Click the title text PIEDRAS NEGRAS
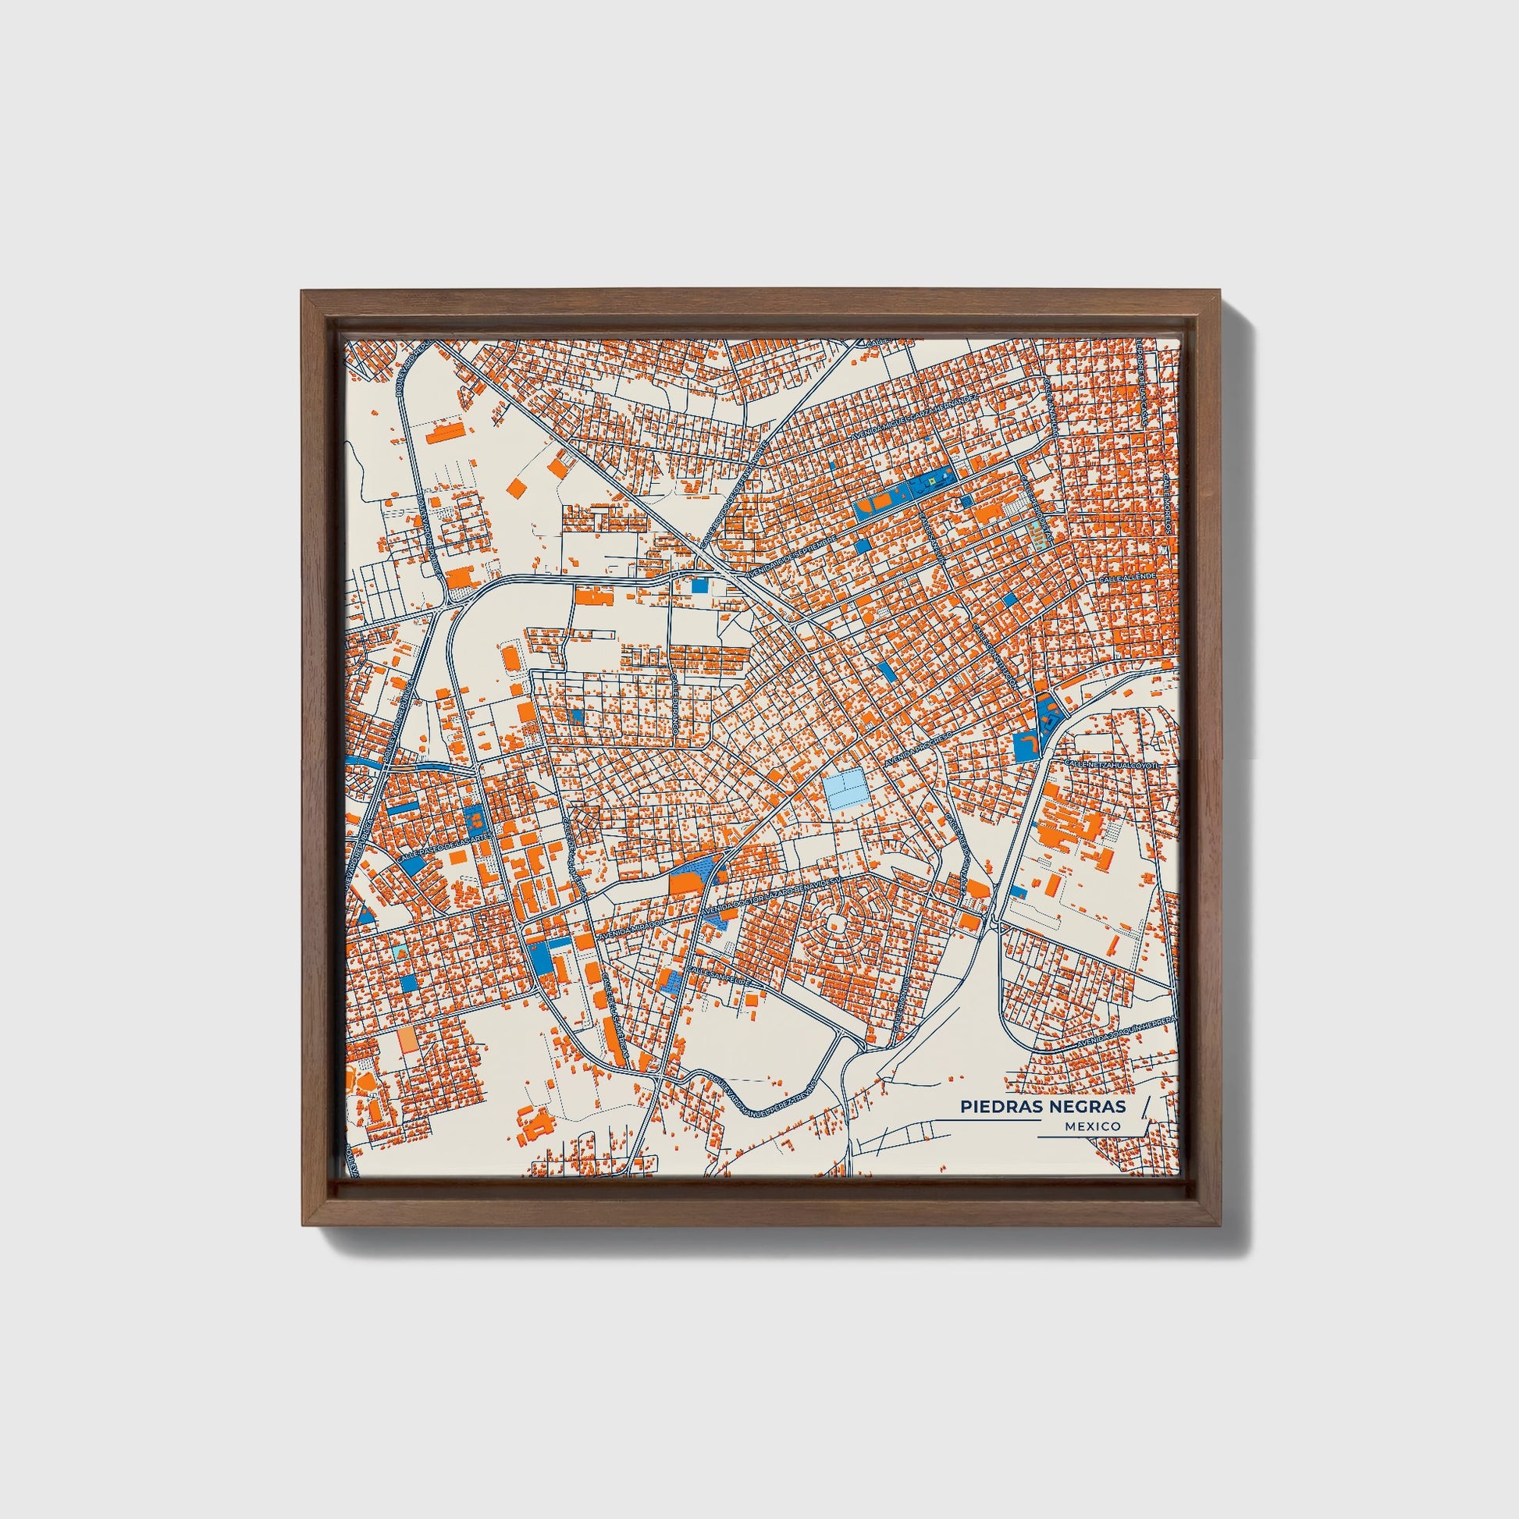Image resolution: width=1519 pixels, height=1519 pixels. (x=1042, y=1105)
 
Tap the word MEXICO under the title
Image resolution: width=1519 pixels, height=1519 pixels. (x=1092, y=1126)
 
